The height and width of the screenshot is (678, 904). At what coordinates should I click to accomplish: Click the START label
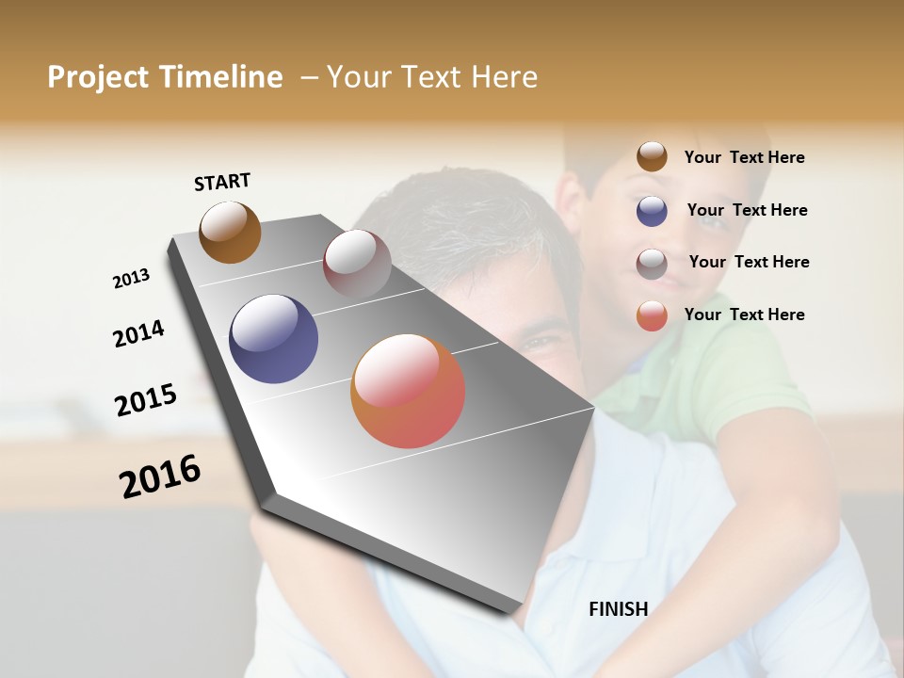click(x=222, y=182)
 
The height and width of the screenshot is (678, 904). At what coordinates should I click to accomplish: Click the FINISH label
click(x=619, y=609)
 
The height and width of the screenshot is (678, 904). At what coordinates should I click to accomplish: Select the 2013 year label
click(x=131, y=279)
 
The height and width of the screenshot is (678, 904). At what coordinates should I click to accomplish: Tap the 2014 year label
click(x=138, y=334)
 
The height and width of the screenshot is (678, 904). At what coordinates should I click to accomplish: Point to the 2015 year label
click(x=146, y=400)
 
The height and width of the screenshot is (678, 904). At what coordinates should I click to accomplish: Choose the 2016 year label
click(x=160, y=476)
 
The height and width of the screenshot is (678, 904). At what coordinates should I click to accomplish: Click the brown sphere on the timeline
click(x=230, y=232)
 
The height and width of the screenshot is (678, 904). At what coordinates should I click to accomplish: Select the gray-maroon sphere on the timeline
click(x=357, y=263)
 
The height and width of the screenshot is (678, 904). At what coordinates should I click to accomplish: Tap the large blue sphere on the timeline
click(x=273, y=339)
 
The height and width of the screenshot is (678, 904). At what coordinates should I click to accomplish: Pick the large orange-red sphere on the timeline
click(x=408, y=391)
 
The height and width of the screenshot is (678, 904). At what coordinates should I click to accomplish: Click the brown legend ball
click(x=652, y=156)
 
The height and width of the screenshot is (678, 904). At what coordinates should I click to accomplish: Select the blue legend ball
click(x=652, y=211)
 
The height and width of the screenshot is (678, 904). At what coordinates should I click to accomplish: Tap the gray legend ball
click(x=652, y=264)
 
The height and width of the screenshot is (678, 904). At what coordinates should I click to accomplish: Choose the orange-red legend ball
click(x=652, y=315)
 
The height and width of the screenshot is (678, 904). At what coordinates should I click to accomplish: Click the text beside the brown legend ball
click(x=744, y=157)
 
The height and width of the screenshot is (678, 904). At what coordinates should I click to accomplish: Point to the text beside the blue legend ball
click(x=747, y=210)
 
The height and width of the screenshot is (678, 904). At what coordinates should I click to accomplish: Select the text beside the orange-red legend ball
click(x=744, y=315)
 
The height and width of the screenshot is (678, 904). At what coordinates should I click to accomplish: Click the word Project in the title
click(x=99, y=77)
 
